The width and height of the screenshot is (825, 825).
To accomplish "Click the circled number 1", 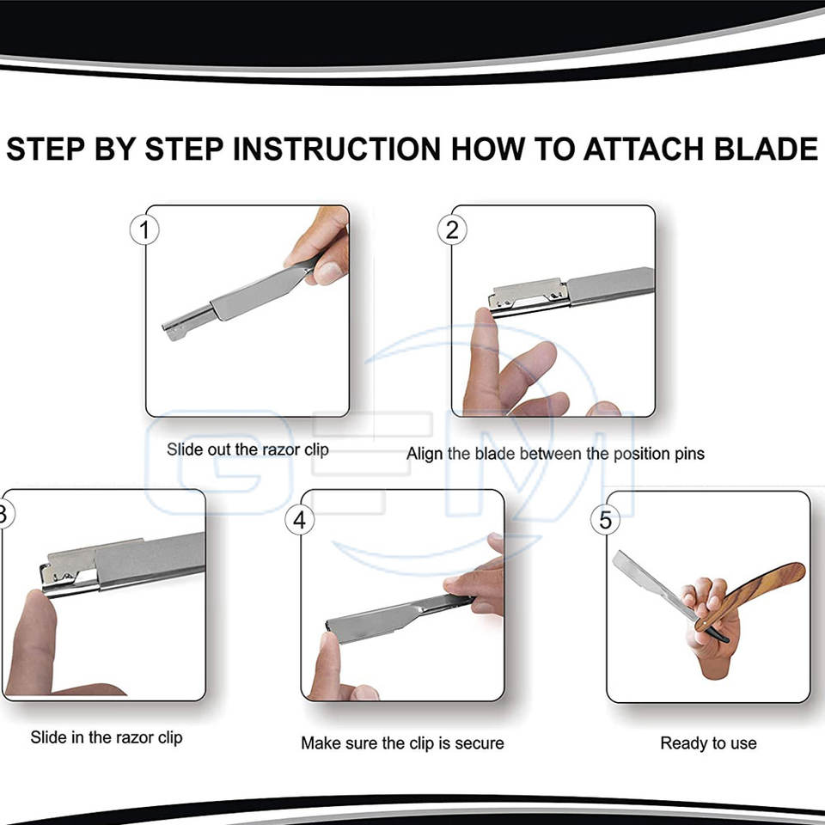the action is pos(144,230).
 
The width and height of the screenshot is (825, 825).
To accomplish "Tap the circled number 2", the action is pos(452,230).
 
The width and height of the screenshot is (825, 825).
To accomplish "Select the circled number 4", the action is pos(299,520).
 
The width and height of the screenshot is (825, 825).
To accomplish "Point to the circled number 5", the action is pos(605,520).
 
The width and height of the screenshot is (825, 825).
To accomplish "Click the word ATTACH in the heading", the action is pos(643,149).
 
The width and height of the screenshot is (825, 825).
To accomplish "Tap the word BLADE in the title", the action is pos(766,149).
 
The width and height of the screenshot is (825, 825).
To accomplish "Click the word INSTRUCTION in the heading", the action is pos(337,149).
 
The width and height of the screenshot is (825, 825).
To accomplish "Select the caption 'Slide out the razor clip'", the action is pos(247,449).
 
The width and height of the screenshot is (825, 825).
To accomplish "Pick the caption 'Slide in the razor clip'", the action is pos(107,737).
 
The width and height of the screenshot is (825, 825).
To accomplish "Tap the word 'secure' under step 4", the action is pos(480,742).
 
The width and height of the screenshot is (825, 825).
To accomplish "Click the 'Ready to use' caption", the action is pos(708,742).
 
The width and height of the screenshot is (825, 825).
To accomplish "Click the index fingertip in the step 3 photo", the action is pos(38,606).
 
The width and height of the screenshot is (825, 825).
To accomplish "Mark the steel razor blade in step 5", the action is pos(652,585).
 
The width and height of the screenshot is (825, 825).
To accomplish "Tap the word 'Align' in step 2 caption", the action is pos(425,454).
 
